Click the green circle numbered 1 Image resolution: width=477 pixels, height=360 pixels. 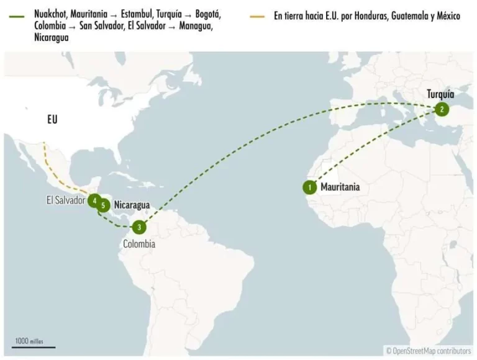309,186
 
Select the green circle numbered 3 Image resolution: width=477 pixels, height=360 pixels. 140,227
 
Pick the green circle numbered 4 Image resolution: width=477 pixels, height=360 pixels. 94,201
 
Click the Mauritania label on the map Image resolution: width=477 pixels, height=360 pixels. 340,186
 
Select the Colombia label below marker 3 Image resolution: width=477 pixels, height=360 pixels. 139,245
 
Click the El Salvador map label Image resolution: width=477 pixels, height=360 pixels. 65,200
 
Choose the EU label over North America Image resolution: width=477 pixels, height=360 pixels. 52,119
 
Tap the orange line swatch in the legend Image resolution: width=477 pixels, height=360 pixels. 258,16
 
